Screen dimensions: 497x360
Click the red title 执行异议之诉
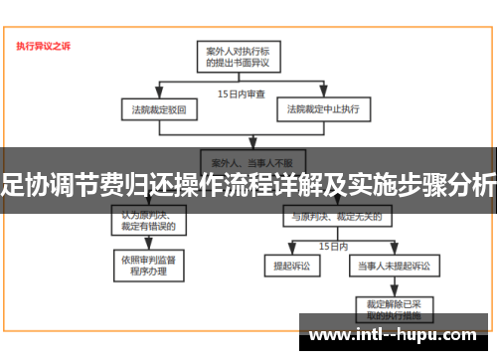[x=44, y=45]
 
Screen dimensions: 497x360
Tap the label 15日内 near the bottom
[x=332, y=244]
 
